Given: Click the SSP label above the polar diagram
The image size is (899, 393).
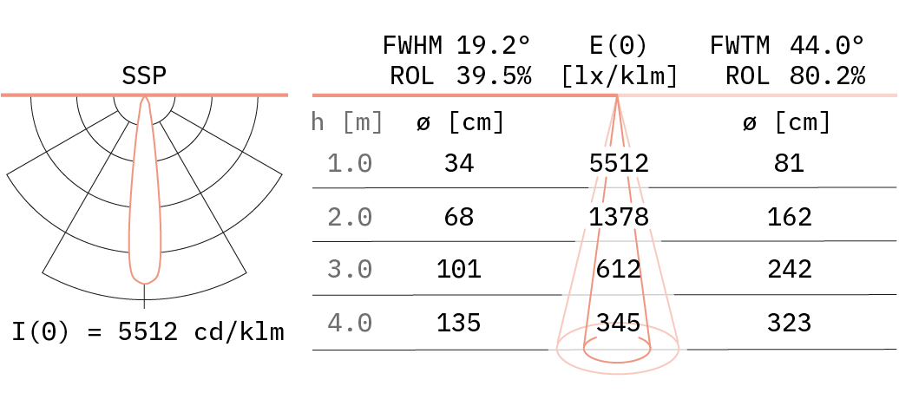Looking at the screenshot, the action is pyautogui.click(x=144, y=76).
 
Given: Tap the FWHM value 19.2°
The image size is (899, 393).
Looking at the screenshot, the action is pyautogui.click(x=494, y=45).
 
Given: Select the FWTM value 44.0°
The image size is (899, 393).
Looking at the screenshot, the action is pyautogui.click(x=827, y=45).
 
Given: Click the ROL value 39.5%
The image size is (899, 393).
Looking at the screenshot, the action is pyautogui.click(x=494, y=76).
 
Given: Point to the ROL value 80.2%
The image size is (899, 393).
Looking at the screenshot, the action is pyautogui.click(x=827, y=76).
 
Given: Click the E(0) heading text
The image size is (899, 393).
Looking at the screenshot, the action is pyautogui.click(x=619, y=46).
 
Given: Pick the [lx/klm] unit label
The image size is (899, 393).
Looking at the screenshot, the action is pyautogui.click(x=619, y=76).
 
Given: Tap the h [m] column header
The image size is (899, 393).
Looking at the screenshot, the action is pyautogui.click(x=347, y=122).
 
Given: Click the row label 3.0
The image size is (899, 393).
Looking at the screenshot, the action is pyautogui.click(x=350, y=270).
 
